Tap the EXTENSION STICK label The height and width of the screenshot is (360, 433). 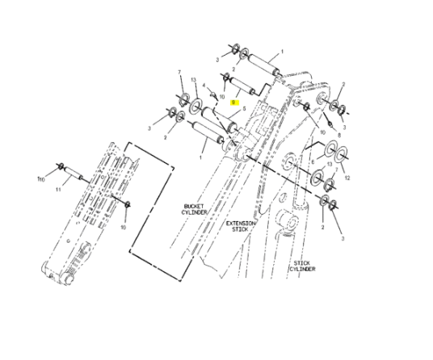tap(239, 225)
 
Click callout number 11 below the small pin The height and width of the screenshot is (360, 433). tap(58, 190)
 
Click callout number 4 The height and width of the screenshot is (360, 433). tap(204, 86)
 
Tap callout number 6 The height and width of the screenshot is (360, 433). tap(313, 161)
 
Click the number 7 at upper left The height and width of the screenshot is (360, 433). tap(179, 73)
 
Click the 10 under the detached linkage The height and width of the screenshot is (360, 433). tap(124, 227)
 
